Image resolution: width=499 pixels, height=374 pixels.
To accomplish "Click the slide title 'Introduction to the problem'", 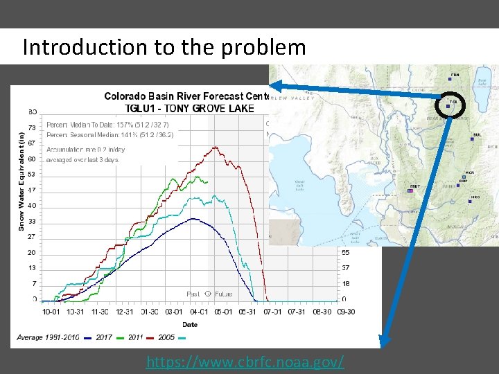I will [x=164, y=47].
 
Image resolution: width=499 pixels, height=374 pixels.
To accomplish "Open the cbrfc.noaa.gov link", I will [x=245, y=362].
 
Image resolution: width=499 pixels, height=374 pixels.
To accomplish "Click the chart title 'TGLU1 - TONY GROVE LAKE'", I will [x=189, y=107].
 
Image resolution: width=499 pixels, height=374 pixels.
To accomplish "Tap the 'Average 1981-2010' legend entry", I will [x=49, y=337].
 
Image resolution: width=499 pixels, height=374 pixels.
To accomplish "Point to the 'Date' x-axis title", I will [x=190, y=323].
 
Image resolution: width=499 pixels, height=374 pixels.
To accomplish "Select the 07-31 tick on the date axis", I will [x=296, y=312].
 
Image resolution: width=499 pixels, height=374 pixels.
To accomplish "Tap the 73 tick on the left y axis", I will [x=33, y=128].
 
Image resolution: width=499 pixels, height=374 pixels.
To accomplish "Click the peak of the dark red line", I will [x=216, y=146].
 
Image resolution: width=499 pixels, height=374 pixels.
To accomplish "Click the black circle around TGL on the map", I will [x=451, y=105].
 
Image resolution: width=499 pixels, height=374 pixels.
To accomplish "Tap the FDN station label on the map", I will [x=455, y=75].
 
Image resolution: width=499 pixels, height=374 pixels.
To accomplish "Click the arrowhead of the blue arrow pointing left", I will [x=274, y=86].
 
